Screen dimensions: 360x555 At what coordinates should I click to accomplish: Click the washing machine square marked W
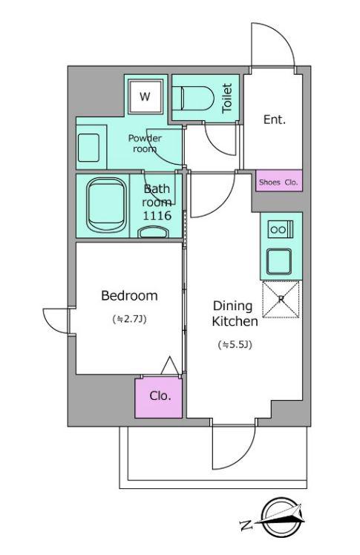pyautogui.click(x=145, y=96)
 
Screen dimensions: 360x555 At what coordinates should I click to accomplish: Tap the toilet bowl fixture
pyautogui.click(x=197, y=99)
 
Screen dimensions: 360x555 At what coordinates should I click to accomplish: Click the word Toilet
pyautogui.click(x=227, y=99)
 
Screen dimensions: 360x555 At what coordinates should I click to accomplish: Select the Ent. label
pyautogui.click(x=275, y=119)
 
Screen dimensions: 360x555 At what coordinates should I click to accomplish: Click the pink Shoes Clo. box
pyautogui.click(x=279, y=181)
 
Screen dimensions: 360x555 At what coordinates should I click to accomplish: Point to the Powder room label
pyautogui.click(x=145, y=143)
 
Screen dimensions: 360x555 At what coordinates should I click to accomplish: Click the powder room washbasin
pyautogui.click(x=88, y=148)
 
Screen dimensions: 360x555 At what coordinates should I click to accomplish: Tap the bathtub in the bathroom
pyautogui.click(x=107, y=206)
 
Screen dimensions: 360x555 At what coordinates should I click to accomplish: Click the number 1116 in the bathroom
pyautogui.click(x=157, y=215)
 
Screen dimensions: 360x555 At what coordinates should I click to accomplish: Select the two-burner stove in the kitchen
pyautogui.click(x=281, y=229)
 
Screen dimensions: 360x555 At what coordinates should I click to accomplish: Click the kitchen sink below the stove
pyautogui.click(x=279, y=262)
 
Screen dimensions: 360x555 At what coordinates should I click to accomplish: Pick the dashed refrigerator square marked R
pyautogui.click(x=281, y=300)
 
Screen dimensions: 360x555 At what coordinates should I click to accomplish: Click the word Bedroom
pyautogui.click(x=130, y=295)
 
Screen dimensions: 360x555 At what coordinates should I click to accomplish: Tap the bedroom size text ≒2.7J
pyautogui.click(x=130, y=319)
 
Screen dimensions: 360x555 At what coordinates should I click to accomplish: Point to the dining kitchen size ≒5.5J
pyautogui.click(x=235, y=345)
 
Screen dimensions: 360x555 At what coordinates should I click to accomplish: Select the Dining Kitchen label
pyautogui.click(x=235, y=314)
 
